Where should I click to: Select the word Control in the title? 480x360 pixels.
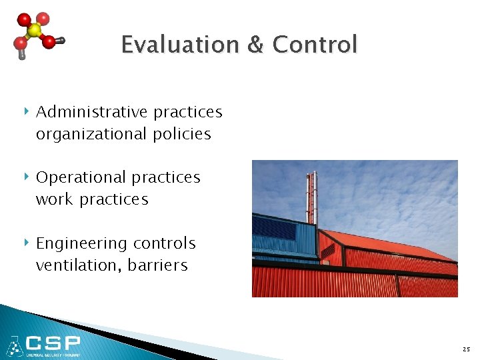pos(315,45)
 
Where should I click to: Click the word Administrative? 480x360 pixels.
pos(92,112)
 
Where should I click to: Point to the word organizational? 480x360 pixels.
pos(91,134)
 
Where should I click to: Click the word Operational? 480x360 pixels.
pos(81,177)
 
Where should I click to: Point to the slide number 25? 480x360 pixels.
pos(465,349)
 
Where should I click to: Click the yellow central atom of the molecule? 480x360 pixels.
pos(34,31)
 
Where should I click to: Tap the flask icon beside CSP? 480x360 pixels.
pos(14,345)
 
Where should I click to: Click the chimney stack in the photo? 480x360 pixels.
pos(311,197)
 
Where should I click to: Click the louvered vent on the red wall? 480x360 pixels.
pos(328,250)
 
